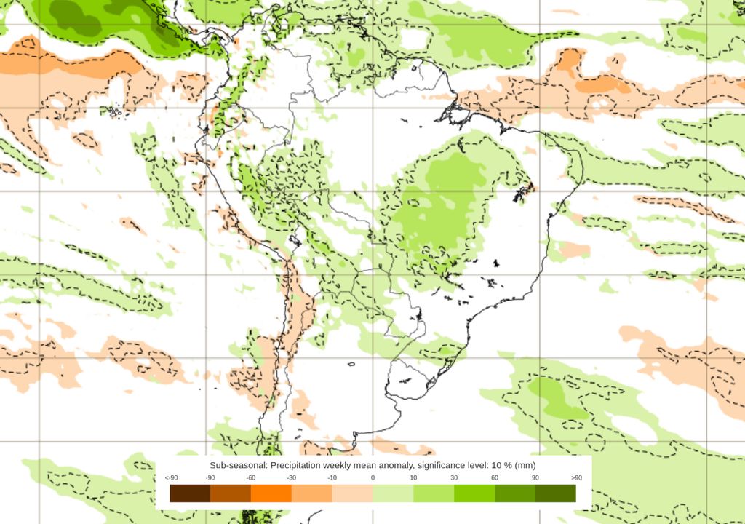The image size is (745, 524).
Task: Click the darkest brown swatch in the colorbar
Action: pos(190,493)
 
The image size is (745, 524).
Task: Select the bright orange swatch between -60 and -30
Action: pos(271,493)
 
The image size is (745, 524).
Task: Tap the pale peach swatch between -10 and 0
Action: pos(353,493)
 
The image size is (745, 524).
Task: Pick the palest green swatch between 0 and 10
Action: pos(393,493)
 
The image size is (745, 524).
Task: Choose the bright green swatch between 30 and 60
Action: pos(474,493)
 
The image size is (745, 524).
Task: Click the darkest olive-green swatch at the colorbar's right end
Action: pos(556,493)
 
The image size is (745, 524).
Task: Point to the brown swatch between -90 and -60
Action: pos(231,493)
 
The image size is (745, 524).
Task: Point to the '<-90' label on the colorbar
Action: pos(171,477)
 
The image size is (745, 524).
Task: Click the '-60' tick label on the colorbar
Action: pos(251,477)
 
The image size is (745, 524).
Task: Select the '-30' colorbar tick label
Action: pos(292,477)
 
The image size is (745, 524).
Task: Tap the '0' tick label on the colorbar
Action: pos(372,477)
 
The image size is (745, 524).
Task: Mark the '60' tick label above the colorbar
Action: pos(495,477)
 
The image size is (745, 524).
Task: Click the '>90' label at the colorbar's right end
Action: pos(575,477)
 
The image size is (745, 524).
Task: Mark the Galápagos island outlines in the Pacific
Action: pos(113,112)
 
